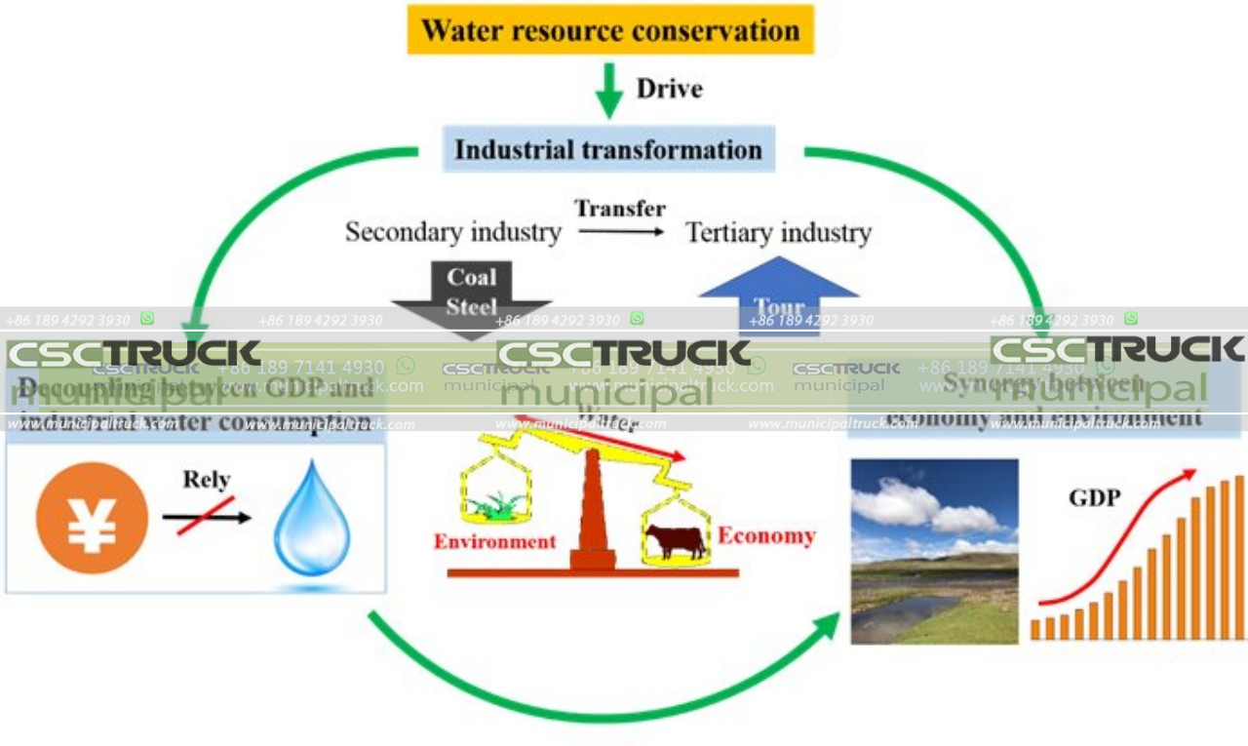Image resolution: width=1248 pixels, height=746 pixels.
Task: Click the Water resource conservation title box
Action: click(x=610, y=29)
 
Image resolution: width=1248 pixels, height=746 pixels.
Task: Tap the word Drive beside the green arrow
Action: click(x=669, y=89)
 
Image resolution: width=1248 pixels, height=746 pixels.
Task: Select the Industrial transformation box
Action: click(x=608, y=149)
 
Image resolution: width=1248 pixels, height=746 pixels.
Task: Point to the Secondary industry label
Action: click(x=453, y=232)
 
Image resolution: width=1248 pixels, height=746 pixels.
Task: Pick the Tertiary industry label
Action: click(x=778, y=232)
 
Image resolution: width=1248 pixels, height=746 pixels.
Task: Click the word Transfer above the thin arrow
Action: click(x=620, y=208)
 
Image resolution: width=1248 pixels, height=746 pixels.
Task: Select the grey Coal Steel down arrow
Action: click(x=472, y=293)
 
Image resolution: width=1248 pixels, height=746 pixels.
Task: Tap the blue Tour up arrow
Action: click(x=778, y=293)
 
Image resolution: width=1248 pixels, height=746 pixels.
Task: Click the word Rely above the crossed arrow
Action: click(x=206, y=479)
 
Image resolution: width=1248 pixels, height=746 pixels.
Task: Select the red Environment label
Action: click(x=494, y=541)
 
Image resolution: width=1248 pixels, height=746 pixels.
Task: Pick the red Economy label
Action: click(x=766, y=535)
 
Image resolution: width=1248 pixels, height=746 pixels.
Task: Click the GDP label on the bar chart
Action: click(x=1094, y=497)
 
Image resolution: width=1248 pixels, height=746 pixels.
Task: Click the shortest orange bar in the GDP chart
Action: click(x=1035, y=629)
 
